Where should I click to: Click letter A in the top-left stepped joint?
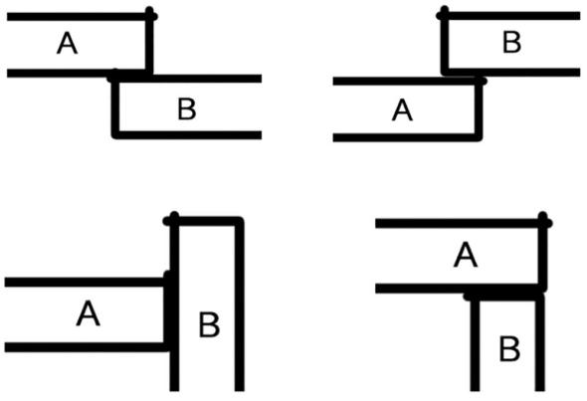(68, 43)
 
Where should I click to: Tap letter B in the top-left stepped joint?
(187, 108)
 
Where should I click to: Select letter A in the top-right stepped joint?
(402, 110)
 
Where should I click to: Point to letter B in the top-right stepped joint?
(511, 43)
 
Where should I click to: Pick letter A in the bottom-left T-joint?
(89, 313)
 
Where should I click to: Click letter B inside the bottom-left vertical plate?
(209, 325)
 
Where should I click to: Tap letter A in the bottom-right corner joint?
(466, 255)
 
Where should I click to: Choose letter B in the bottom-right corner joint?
(509, 349)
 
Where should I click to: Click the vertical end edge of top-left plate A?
(149, 40)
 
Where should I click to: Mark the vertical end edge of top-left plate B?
(115, 105)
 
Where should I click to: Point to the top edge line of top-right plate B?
(511, 16)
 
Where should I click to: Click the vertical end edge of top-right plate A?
(479, 109)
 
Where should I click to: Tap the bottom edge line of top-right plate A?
(407, 137)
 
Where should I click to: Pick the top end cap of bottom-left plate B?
(204, 221)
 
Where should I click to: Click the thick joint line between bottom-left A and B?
(168, 310)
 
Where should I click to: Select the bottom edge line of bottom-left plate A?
(86, 347)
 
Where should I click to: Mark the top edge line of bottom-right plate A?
(463, 224)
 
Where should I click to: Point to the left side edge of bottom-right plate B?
(475, 343)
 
